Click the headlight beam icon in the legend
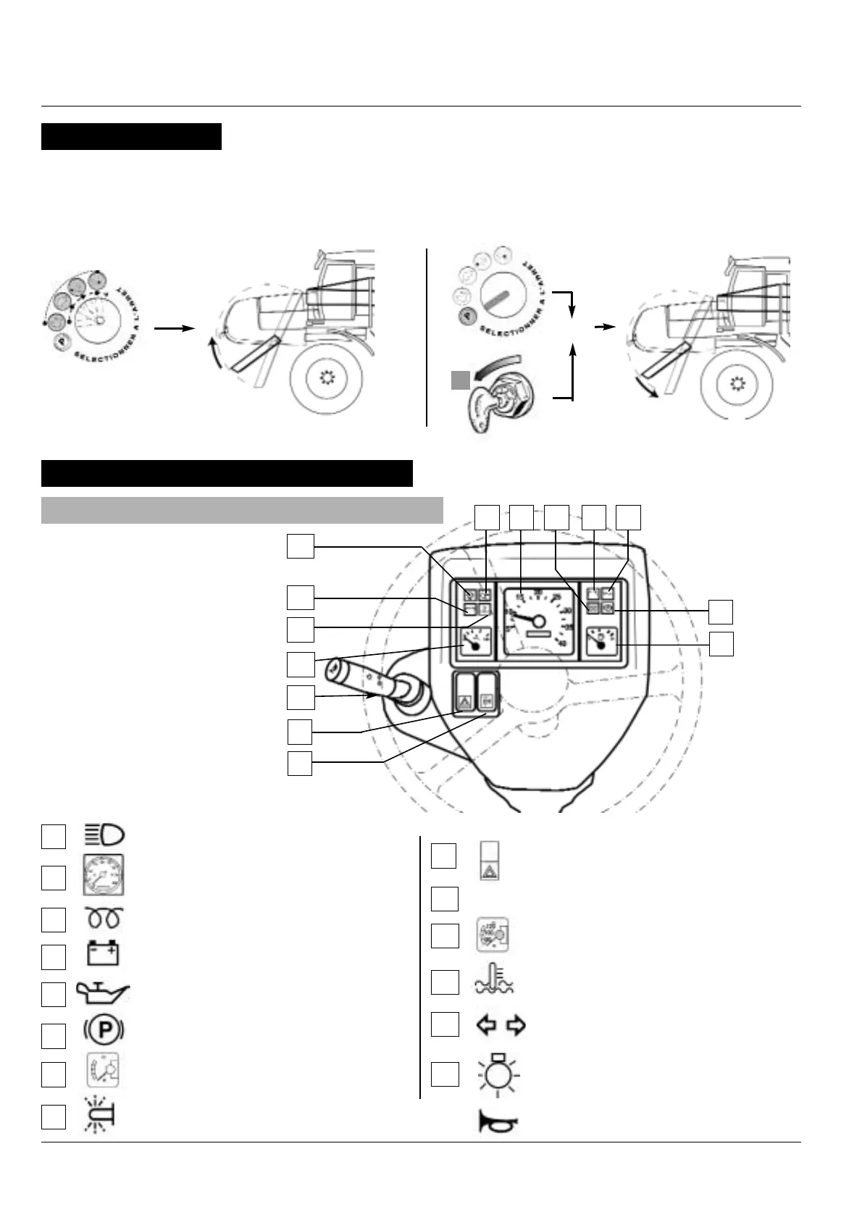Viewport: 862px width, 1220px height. tap(104, 835)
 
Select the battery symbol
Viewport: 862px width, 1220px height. tap(104, 953)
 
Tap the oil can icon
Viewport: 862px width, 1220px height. tap(104, 992)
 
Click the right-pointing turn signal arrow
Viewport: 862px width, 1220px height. tap(516, 1025)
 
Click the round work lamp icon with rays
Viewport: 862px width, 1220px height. tap(498, 1073)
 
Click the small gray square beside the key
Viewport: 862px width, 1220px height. tap(460, 380)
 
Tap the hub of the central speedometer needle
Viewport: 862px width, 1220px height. tap(537, 622)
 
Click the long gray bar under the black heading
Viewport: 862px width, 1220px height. tap(242, 509)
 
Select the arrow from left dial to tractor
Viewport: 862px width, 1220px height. tap(175, 328)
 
